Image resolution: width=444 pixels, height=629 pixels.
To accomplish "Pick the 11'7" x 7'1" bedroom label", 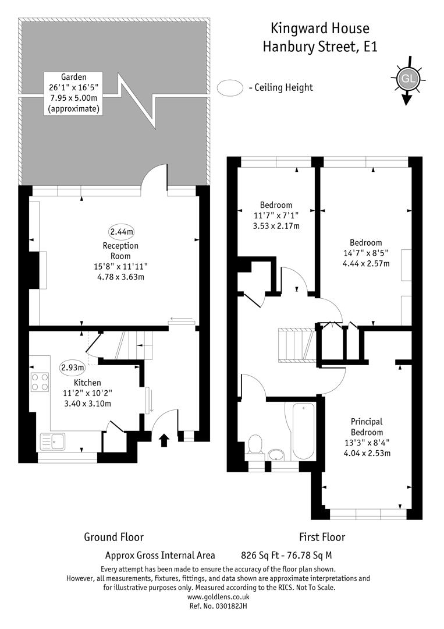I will point(276,215).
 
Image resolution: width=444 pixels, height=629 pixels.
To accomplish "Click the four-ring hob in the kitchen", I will point(40,382).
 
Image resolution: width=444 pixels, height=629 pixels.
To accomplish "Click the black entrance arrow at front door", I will point(164,440).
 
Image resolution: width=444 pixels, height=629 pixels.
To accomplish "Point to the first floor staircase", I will point(297,345).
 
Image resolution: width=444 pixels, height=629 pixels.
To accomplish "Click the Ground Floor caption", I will point(114,537).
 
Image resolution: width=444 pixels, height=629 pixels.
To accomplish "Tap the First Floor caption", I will point(322,537).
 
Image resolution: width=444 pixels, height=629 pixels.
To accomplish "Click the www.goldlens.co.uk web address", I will point(218,597).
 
